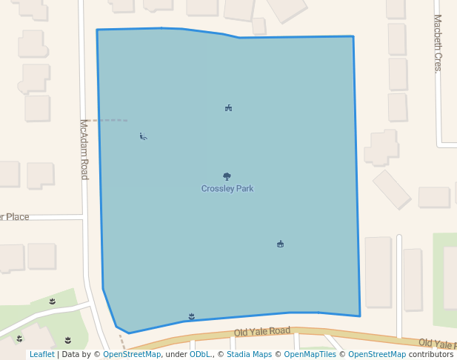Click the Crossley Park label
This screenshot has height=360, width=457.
(x=227, y=189)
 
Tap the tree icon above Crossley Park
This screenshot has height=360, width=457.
(x=227, y=176)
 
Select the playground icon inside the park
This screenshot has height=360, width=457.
(x=229, y=108)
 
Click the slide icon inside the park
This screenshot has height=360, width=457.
(x=143, y=136)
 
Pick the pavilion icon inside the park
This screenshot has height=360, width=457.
(x=280, y=244)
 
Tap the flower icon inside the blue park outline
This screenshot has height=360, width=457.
(x=192, y=316)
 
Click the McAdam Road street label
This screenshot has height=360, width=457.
(x=84, y=149)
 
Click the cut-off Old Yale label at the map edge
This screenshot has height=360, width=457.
(x=437, y=344)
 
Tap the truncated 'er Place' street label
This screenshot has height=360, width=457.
(x=14, y=217)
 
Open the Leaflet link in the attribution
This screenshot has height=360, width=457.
(x=41, y=355)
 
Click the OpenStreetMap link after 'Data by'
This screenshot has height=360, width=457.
(x=132, y=355)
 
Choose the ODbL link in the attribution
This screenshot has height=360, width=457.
(x=200, y=355)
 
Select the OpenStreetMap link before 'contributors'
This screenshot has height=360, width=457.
(x=377, y=355)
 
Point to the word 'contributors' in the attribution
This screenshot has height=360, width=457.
(x=431, y=355)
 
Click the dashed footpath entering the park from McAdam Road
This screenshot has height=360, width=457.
(x=108, y=120)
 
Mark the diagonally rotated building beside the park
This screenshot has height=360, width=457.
(x=392, y=190)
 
